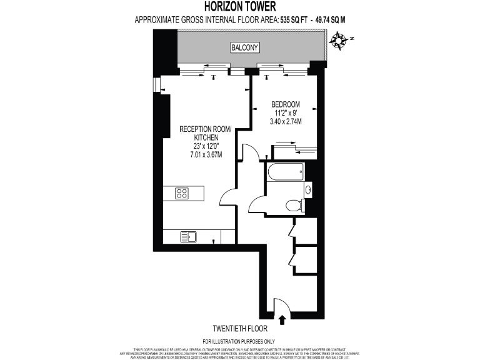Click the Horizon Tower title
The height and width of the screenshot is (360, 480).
(x=240, y=7)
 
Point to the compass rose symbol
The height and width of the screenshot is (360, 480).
(x=340, y=41)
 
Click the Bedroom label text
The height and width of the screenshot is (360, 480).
(x=285, y=104)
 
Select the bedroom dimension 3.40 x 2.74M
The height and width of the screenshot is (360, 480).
(x=285, y=121)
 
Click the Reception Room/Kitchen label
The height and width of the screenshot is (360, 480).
(x=206, y=133)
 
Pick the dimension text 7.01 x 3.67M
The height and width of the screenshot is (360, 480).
(x=206, y=154)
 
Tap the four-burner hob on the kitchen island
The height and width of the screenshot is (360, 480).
(x=182, y=193)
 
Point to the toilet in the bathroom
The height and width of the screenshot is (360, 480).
(x=294, y=204)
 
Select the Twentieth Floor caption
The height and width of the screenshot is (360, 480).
(x=240, y=329)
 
